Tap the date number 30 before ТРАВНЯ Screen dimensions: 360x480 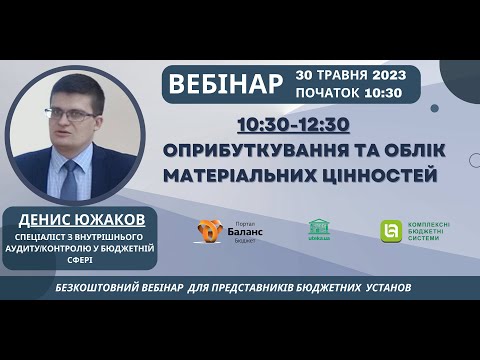(306, 75)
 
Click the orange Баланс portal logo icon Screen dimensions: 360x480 (209, 232)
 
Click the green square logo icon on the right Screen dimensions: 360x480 (391, 231)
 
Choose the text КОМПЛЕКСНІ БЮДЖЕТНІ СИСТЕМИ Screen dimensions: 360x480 (430, 231)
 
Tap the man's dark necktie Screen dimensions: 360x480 (69, 180)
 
